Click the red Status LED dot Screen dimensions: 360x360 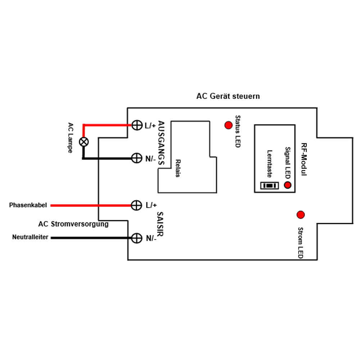[229, 125]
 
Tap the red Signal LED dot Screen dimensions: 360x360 [287, 185]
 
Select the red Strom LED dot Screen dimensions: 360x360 [301, 215]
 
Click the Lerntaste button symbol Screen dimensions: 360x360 [270, 185]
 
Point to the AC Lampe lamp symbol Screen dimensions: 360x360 [84, 142]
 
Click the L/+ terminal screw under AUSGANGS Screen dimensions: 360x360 [137, 125]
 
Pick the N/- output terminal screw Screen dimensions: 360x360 [136, 158]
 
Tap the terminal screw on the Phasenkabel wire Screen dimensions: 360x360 [136, 205]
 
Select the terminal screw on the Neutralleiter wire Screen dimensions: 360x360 [136, 238]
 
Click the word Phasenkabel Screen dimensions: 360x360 [28, 205]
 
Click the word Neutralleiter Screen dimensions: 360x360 [30, 237]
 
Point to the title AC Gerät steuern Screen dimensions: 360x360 [228, 96]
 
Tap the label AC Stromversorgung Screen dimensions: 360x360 [73, 224]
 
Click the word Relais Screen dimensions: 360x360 [178, 168]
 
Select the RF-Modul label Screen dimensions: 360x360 [304, 159]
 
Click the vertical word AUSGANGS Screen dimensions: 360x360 [161, 143]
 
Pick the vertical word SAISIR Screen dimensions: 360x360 [160, 224]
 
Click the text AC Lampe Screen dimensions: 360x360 [71, 138]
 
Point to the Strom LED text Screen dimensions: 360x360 [301, 243]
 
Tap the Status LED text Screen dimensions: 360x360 [238, 131]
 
